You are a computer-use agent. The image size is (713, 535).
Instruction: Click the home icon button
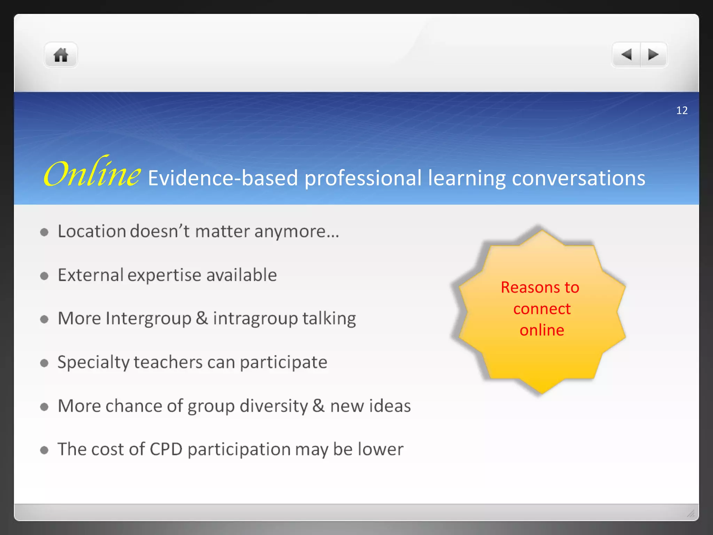61,55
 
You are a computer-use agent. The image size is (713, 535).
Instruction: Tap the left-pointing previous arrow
626,55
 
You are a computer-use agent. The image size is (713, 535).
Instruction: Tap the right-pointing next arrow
653,55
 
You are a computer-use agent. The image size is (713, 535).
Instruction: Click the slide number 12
682,110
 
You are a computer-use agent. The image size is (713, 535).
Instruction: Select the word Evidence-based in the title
223,178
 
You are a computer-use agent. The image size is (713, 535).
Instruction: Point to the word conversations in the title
578,178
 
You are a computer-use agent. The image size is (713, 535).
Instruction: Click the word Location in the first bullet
92,231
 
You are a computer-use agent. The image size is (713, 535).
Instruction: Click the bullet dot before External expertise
44,276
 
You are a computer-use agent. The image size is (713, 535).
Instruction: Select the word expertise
164,276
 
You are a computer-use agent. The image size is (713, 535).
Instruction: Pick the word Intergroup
148,319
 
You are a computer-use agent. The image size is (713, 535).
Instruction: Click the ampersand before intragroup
202,318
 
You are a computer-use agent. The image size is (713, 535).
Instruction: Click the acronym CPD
166,449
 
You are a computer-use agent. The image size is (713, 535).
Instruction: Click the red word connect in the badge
542,309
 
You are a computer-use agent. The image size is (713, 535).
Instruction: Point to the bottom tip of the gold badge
542,393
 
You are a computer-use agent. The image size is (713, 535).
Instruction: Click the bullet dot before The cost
44,450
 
